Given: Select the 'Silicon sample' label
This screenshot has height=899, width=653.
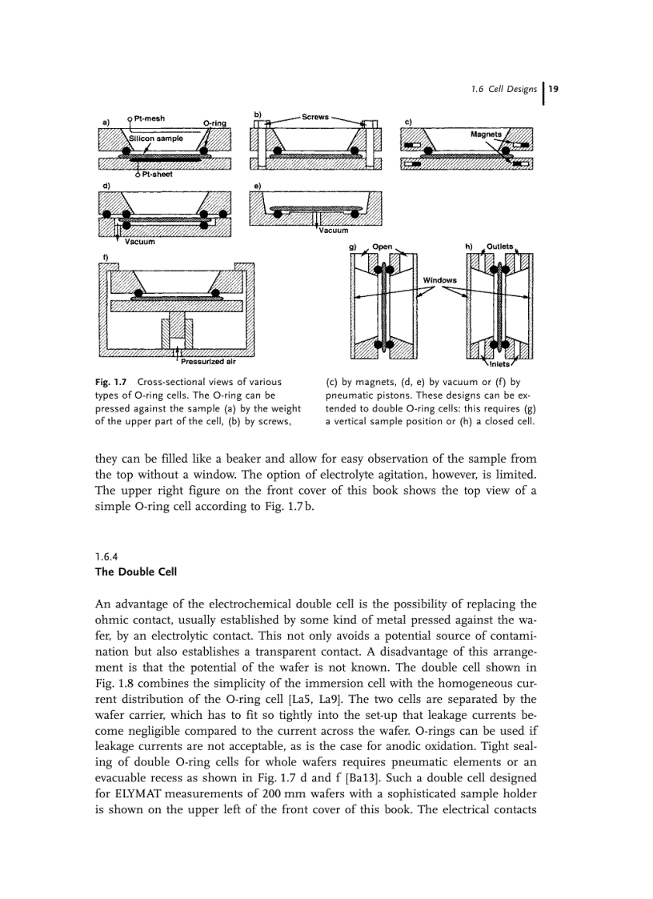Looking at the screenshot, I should (x=156, y=138).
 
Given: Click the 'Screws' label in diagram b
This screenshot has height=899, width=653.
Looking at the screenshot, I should (x=314, y=117).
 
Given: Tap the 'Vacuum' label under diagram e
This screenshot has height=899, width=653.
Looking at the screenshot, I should (x=332, y=231).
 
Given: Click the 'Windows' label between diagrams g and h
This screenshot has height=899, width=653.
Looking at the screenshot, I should (x=439, y=280).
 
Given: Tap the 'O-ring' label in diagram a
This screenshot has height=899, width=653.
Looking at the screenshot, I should (x=215, y=122).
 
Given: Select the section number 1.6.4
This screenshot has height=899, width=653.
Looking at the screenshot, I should (x=106, y=557).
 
